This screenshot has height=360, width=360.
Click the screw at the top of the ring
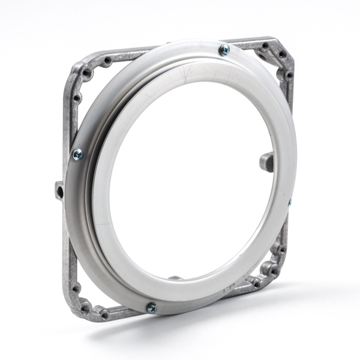coord(224,50)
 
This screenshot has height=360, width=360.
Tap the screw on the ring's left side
coord(77,155)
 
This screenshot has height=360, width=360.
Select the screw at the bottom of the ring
coord(152,307)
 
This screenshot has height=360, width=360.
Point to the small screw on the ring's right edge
coord(289,203)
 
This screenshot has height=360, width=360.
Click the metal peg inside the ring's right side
coord(266,161)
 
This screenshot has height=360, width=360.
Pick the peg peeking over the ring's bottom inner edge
coord(175,278)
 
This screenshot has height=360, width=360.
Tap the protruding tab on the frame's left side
coord(59,191)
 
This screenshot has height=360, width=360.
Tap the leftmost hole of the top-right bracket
coord(265,46)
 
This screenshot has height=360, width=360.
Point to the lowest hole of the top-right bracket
coord(289,76)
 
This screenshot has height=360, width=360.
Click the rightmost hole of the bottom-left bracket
coord(104,314)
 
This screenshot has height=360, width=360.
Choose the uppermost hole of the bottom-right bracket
coord(280,248)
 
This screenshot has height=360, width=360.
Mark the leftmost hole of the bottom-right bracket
coord(256,282)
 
